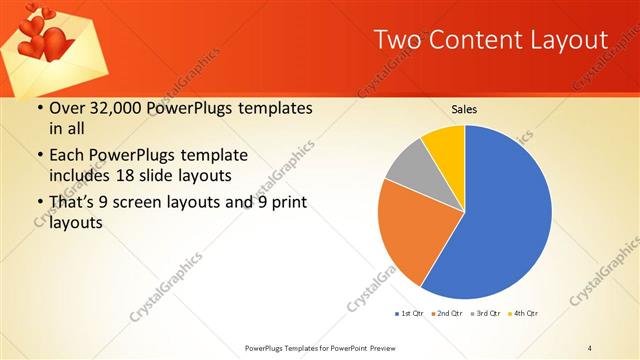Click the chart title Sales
click(x=464, y=109)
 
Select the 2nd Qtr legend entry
click(x=447, y=314)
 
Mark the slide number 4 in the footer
click(x=590, y=347)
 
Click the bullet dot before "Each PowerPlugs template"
click(x=39, y=156)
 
